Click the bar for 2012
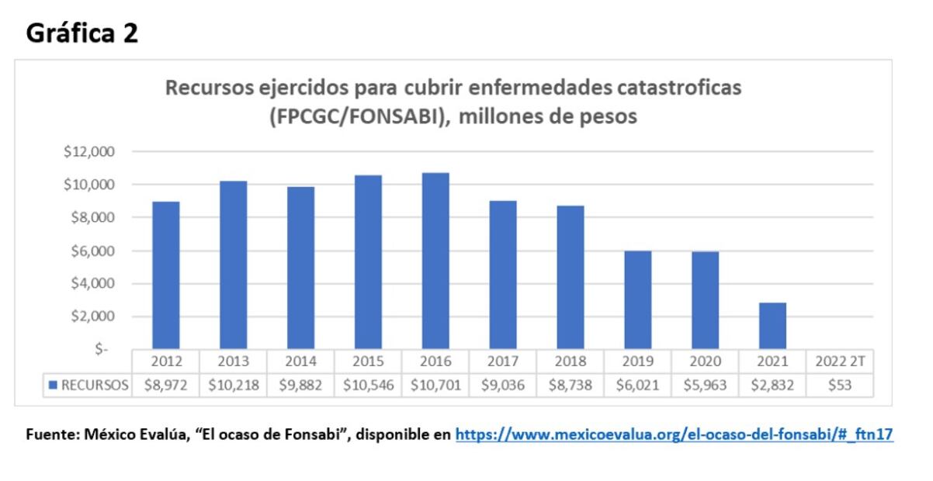coord(165,275)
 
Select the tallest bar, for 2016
coord(435,261)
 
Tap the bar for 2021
coord(772,326)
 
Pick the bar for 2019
coord(638,300)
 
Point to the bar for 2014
coord(300,268)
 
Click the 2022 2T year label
coord(840,361)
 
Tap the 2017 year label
coord(503,361)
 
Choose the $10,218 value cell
coord(233,385)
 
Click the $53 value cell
coord(840,385)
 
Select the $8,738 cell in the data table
coord(571,385)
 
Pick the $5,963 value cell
coord(706,385)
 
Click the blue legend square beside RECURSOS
coord(53,385)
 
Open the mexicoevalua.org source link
coord(674,435)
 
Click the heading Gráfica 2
coord(82,33)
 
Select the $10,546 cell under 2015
coord(368,385)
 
